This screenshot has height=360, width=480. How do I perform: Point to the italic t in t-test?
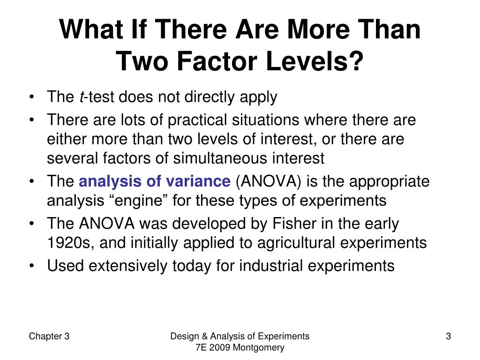click(x=82, y=97)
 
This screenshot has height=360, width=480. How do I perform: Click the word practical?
click(x=198, y=120)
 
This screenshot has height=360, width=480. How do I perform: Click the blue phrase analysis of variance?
click(x=155, y=181)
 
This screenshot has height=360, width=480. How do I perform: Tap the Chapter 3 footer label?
click(x=49, y=336)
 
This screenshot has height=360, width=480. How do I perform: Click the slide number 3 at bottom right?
click(x=448, y=336)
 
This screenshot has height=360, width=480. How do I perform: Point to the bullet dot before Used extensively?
click(x=31, y=266)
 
